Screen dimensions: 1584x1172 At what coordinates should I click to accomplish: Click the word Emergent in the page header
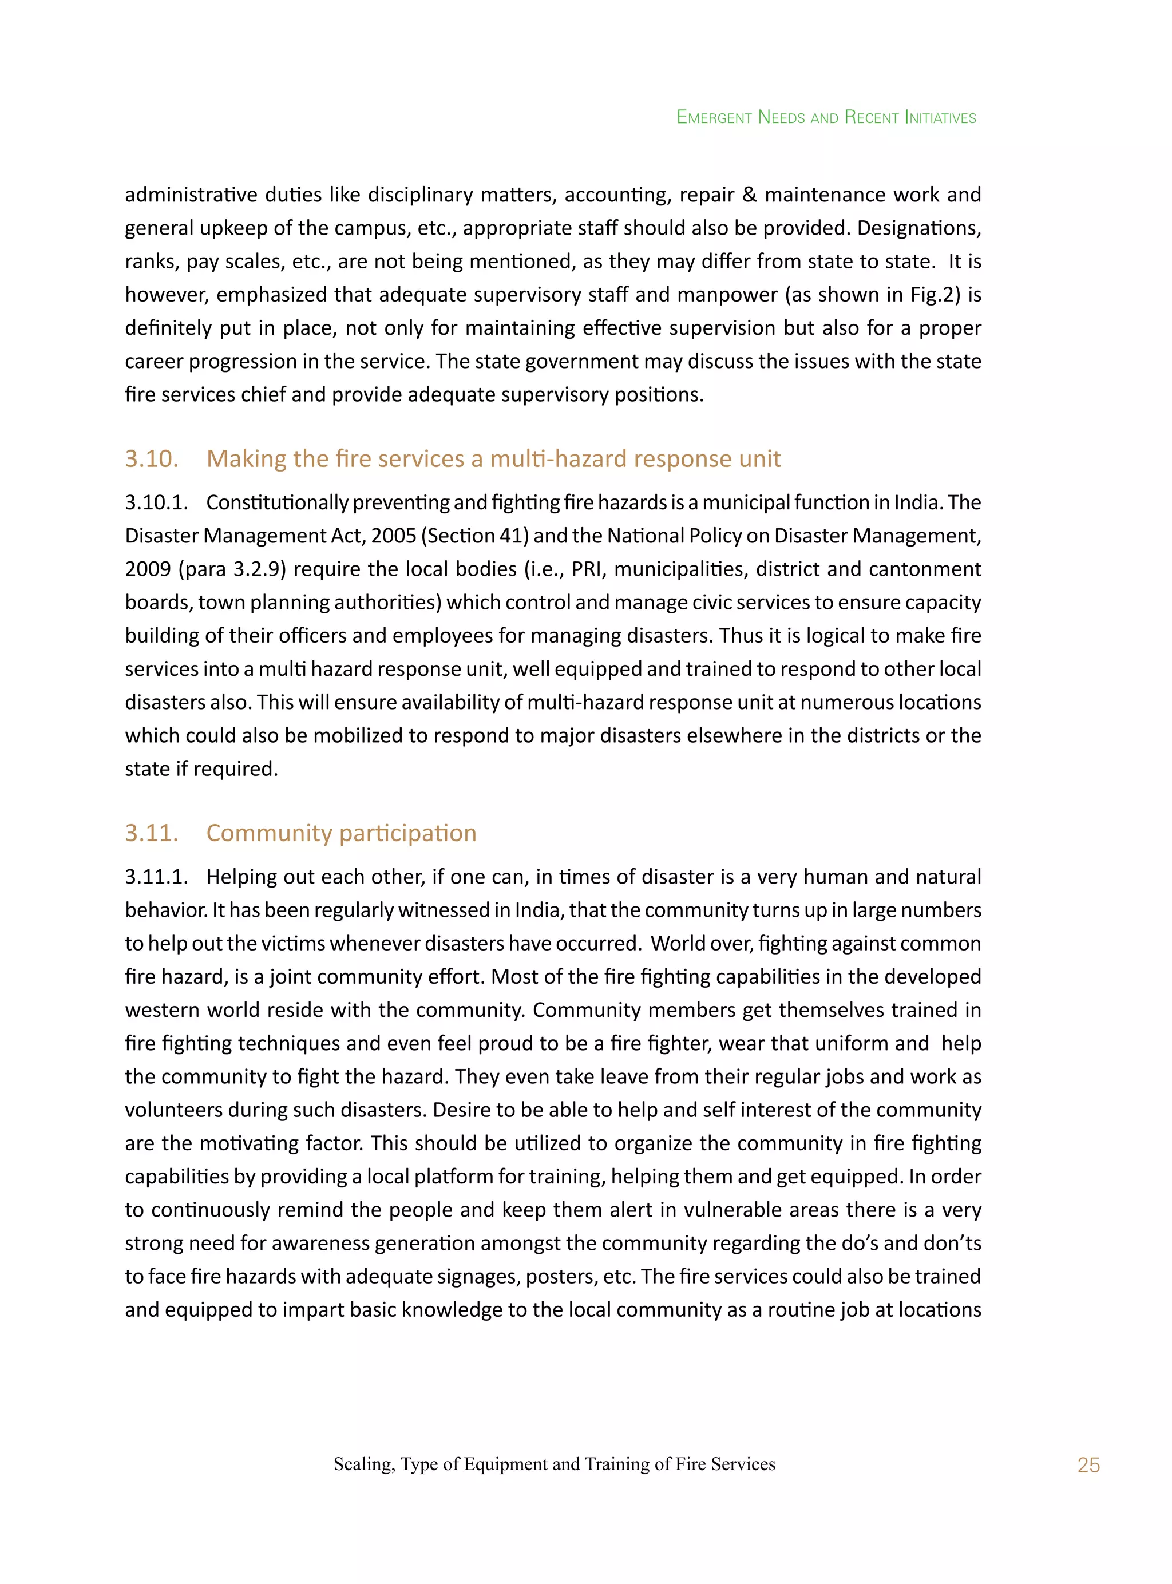(714, 117)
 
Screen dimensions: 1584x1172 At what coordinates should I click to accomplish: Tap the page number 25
(1088, 1465)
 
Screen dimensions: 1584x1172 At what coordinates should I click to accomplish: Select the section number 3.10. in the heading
(151, 459)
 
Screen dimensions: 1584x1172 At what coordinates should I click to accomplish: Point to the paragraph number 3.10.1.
(156, 502)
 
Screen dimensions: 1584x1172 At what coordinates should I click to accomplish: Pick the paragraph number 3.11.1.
(156, 877)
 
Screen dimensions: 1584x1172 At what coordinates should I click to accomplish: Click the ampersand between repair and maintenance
(749, 195)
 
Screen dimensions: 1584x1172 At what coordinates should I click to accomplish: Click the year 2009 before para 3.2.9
(148, 569)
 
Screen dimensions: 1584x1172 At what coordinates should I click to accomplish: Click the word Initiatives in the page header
(941, 117)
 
